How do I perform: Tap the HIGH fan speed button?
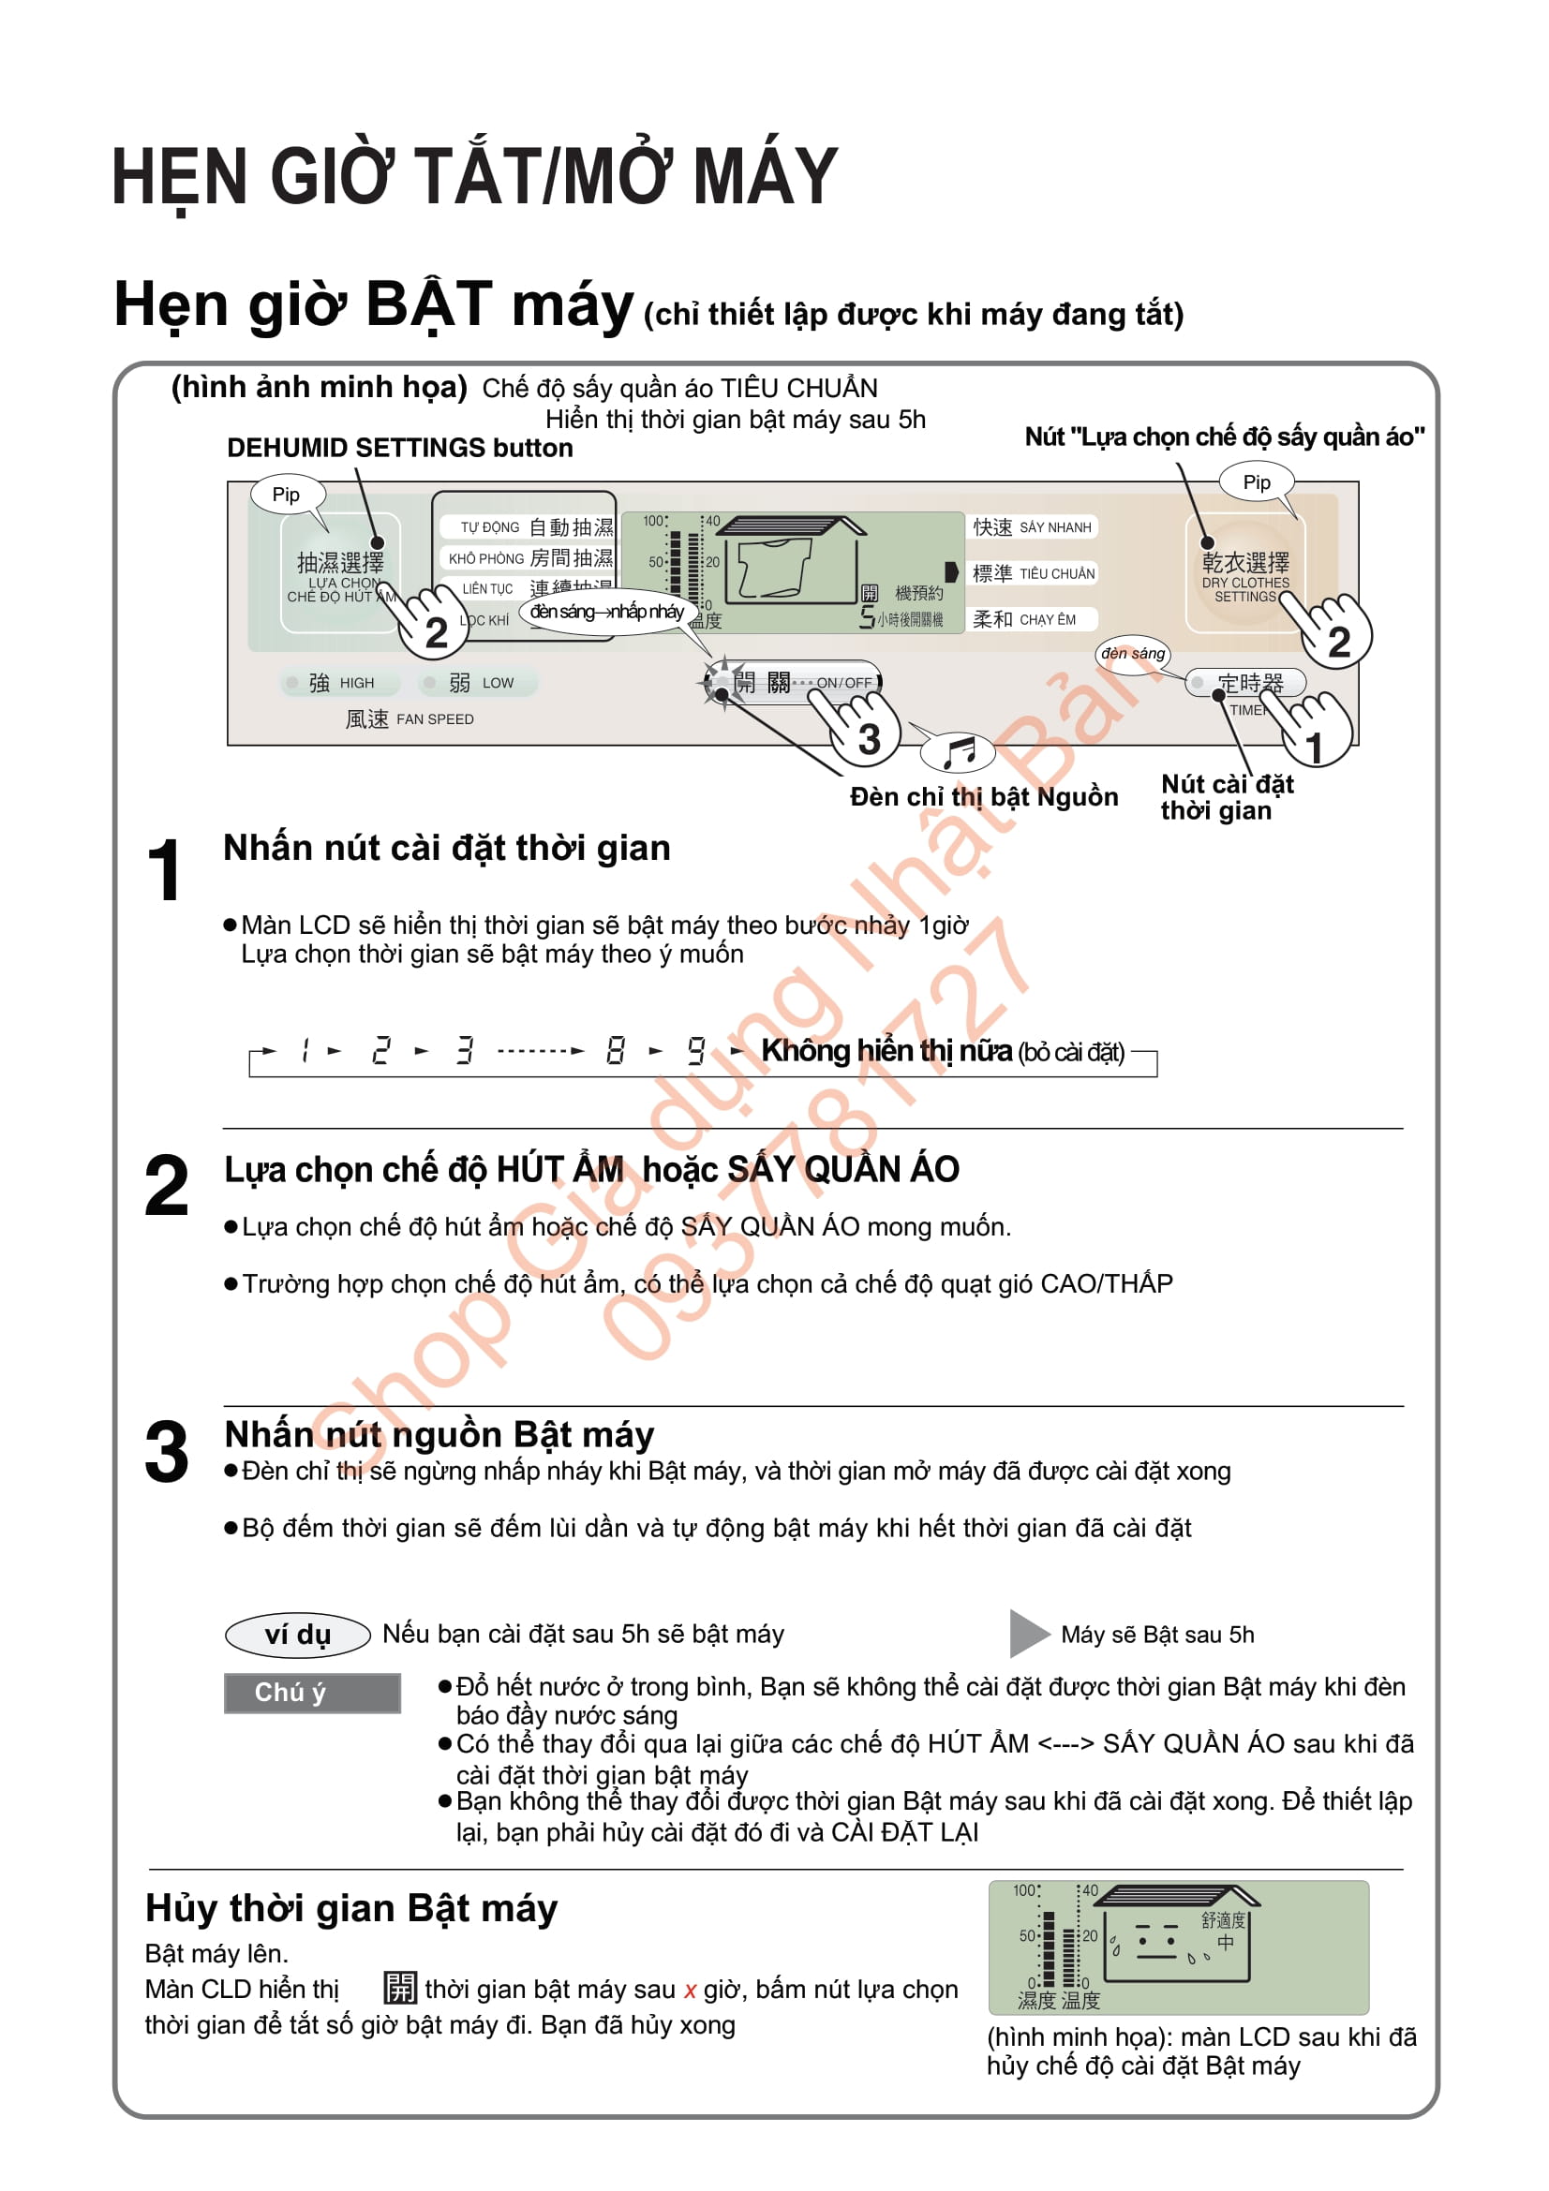[x=329, y=682]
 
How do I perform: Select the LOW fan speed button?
[x=478, y=682]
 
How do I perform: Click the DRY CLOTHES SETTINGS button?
[x=1244, y=573]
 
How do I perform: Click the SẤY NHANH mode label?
[x=1032, y=526]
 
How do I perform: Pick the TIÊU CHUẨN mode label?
[x=1033, y=572]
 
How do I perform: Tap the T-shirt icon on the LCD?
[x=774, y=568]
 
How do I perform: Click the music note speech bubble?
[x=958, y=752]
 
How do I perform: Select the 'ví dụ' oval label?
[x=297, y=1635]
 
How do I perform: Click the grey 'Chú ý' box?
[x=311, y=1693]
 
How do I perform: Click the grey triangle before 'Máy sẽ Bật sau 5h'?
[x=1027, y=1634]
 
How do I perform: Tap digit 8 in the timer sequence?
[x=616, y=1051]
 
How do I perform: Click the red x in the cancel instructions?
[x=689, y=1991]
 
